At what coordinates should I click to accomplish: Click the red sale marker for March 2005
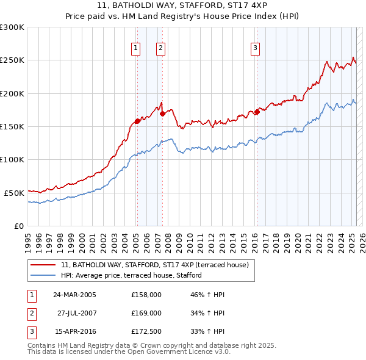137,121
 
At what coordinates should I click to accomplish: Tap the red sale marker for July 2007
163,113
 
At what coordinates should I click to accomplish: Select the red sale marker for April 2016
257,111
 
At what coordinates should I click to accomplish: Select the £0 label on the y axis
19,226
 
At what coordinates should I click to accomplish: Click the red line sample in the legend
43,265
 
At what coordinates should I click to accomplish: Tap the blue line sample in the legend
43,276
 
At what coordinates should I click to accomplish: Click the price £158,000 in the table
146,295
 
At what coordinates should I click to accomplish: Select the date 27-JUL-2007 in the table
77,313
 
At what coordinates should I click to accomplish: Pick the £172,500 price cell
146,331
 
